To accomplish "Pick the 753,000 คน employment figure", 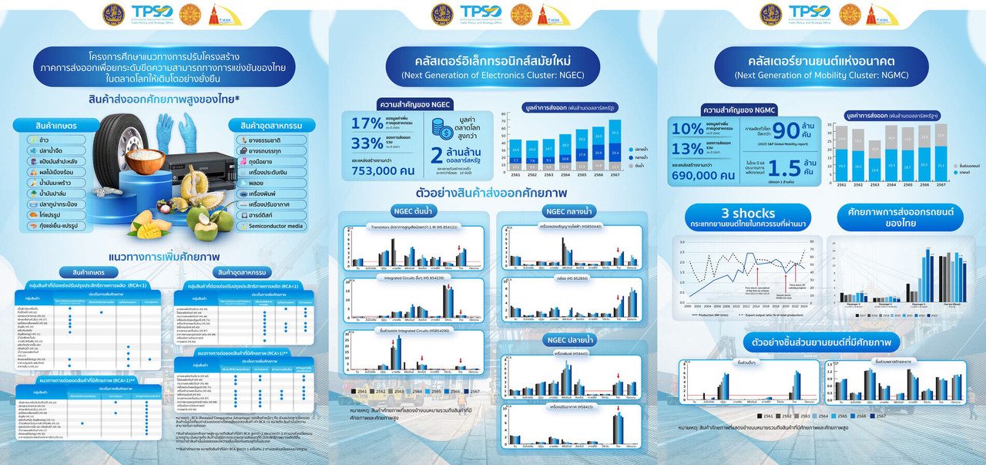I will tap(382, 170).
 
